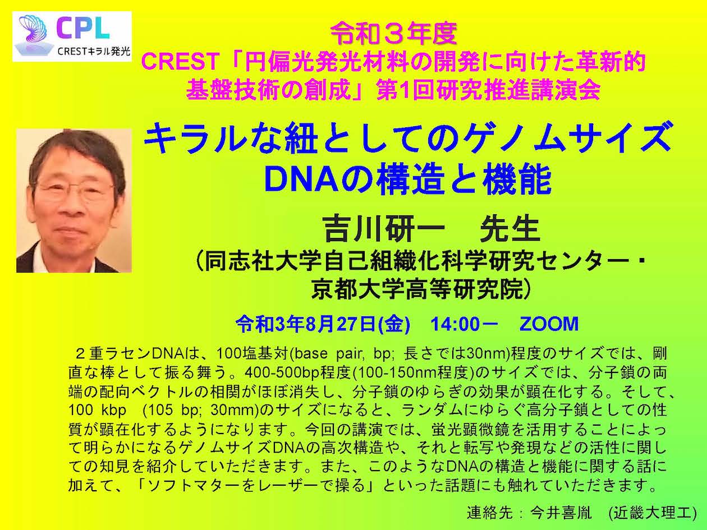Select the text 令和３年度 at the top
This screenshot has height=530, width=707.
394,34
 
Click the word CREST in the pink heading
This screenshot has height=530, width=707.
180,62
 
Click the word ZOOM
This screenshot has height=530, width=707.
549,324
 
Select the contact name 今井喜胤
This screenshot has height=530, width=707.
561,513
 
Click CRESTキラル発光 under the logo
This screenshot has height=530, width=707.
94,51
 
